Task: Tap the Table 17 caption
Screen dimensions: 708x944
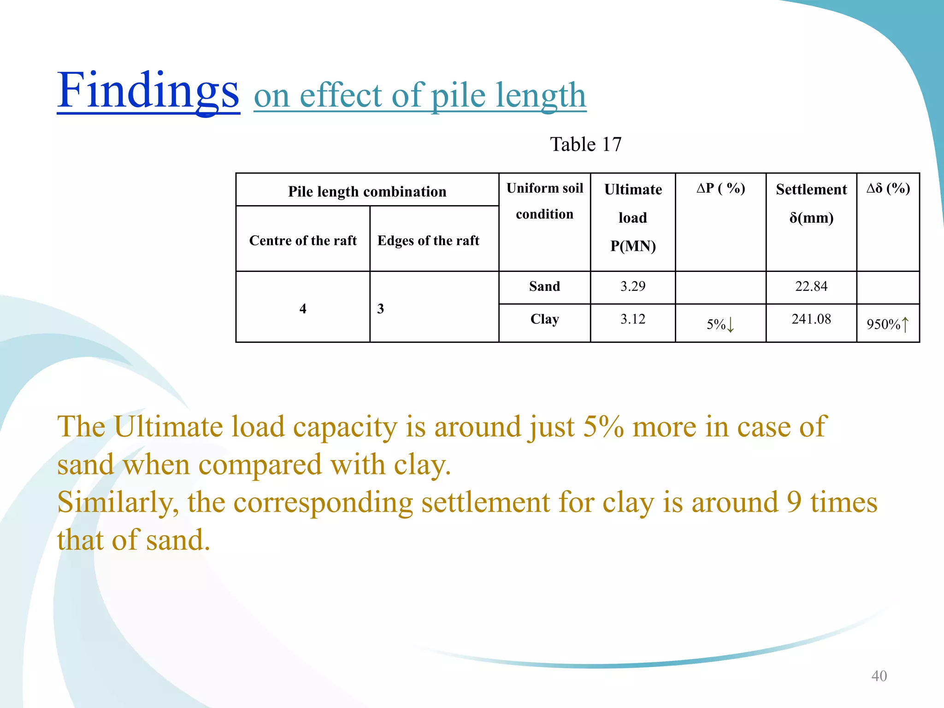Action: [x=585, y=145]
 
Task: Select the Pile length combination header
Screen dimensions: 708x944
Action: [x=367, y=191]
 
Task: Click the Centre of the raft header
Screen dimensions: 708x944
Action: [x=303, y=241]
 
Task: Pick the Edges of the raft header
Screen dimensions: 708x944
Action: [x=428, y=241]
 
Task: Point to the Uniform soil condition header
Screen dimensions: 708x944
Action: [x=544, y=201]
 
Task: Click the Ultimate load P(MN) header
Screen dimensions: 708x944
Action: [x=633, y=218]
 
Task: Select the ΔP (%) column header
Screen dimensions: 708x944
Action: [x=720, y=188]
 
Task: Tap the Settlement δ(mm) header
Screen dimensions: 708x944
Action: [x=811, y=203]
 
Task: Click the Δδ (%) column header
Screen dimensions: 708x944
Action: [x=888, y=188]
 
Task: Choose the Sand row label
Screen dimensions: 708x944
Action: [x=544, y=286]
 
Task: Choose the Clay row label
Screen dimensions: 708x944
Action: [x=544, y=319]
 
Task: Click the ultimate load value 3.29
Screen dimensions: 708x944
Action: [x=633, y=286]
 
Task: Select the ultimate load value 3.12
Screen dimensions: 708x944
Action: [x=633, y=319]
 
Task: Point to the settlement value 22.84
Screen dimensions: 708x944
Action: [x=811, y=286]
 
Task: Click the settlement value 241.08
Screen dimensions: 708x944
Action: [x=811, y=319]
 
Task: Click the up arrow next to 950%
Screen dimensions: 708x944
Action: [x=905, y=324]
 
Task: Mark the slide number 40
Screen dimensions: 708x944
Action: [x=879, y=676]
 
